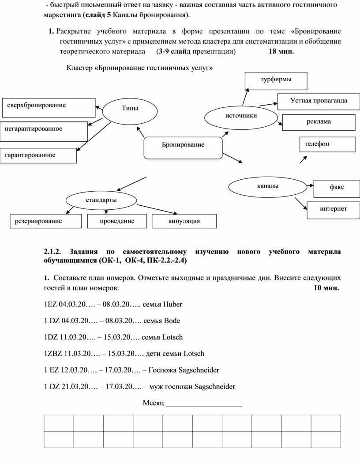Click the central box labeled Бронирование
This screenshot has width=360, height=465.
point(183,145)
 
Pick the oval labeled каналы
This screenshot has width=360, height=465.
point(268,187)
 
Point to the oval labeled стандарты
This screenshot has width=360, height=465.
point(101,200)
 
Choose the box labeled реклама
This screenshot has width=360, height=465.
point(319,122)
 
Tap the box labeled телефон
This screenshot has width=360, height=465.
point(327,144)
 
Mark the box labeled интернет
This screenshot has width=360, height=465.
point(333,209)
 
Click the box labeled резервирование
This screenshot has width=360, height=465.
point(46,221)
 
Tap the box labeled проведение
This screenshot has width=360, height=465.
point(117,221)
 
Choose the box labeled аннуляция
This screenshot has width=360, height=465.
point(184,221)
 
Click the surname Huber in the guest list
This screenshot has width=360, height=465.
point(172,305)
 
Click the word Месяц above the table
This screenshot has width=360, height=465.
point(153,403)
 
